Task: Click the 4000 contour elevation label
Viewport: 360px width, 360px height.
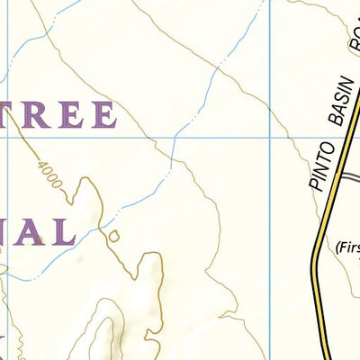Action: click(50, 175)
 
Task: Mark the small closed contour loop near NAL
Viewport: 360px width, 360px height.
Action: click(114, 237)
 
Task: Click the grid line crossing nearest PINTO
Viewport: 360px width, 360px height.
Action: click(269, 138)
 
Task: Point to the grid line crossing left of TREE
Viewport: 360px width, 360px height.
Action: click(8, 138)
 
